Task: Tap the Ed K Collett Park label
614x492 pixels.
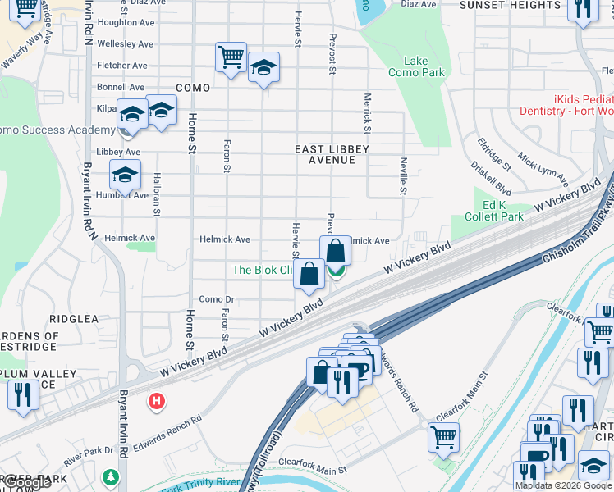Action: tap(503, 211)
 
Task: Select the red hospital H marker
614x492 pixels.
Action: tap(154, 401)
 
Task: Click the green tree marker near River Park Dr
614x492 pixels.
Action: tap(111, 476)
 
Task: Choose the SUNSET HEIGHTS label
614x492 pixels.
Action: tap(509, 5)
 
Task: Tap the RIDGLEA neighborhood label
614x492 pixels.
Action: tap(74, 318)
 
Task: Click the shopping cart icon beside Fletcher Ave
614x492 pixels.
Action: tap(231, 58)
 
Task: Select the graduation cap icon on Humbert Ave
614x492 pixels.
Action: tap(125, 175)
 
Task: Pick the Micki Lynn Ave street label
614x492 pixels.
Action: tap(543, 167)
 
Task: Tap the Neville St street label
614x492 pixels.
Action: tap(402, 175)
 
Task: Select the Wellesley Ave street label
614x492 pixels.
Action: tap(125, 44)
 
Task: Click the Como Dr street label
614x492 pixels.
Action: tap(217, 300)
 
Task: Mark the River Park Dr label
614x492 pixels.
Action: tap(87, 450)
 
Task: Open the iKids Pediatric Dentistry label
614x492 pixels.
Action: tap(566, 104)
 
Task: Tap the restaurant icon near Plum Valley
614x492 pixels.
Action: tap(22, 395)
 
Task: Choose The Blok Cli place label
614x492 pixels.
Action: tap(263, 270)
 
